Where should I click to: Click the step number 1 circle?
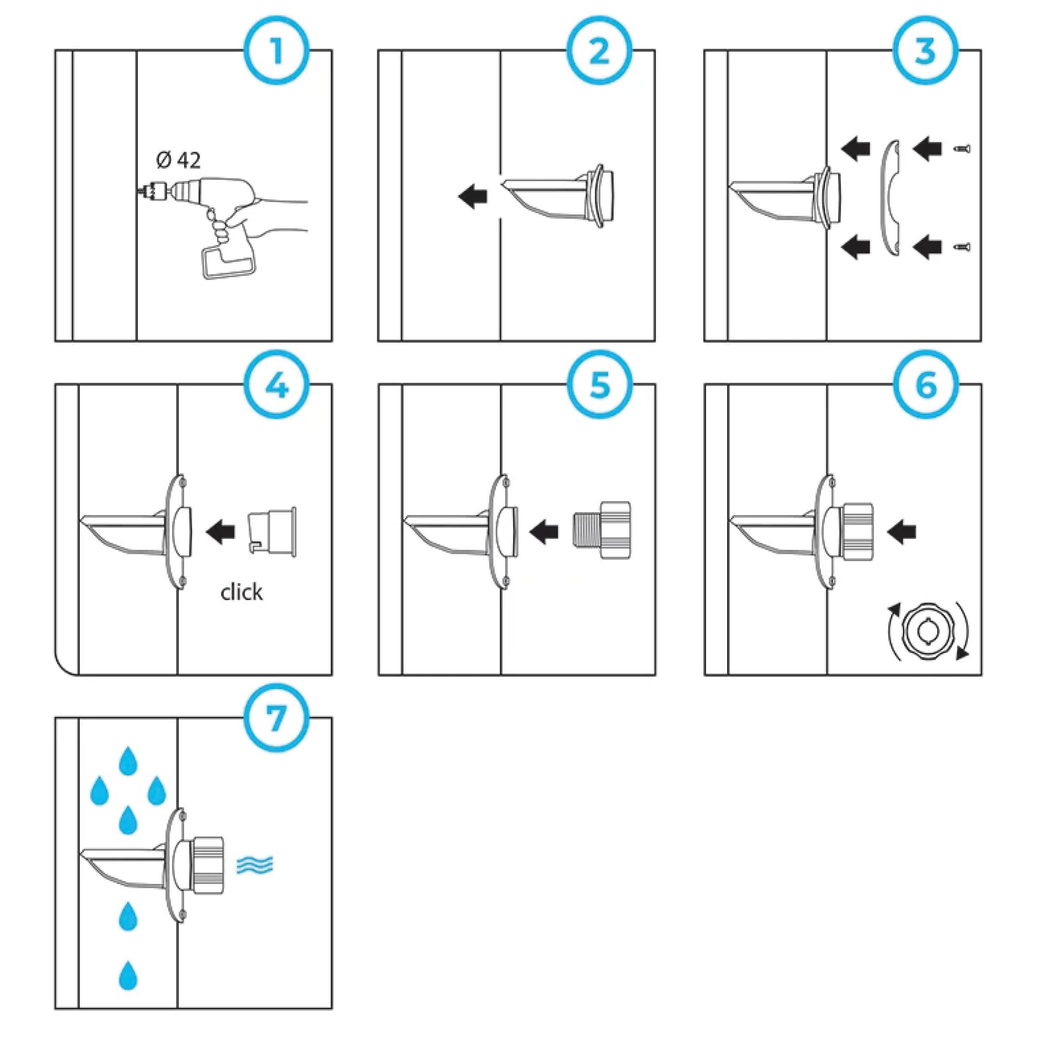277,52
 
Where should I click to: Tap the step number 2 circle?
599,52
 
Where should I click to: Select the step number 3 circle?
926,52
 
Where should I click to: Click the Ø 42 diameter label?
178,160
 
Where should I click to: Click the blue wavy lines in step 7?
255,865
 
